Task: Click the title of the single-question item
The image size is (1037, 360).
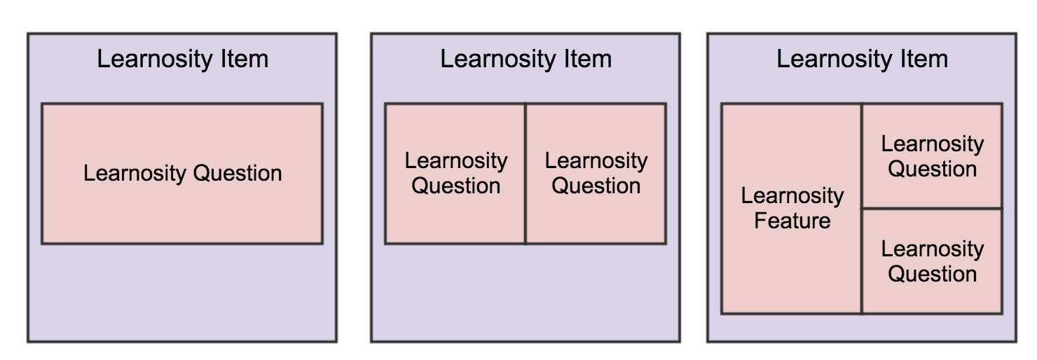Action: tap(182, 60)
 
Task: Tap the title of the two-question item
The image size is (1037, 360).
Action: tap(526, 60)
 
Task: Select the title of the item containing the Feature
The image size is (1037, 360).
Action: tap(862, 60)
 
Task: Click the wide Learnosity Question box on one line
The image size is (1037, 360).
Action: tap(182, 174)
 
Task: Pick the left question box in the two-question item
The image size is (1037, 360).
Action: tap(455, 174)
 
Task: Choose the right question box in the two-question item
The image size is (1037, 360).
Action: tap(596, 174)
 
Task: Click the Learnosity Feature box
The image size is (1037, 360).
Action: tap(792, 209)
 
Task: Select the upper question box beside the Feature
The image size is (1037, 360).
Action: tap(932, 156)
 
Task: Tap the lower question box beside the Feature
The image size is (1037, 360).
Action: tap(932, 261)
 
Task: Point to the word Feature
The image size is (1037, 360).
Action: tap(792, 221)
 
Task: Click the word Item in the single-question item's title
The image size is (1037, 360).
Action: tap(245, 60)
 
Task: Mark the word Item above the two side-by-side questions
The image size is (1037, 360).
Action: tap(587, 60)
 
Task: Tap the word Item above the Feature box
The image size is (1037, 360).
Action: tap(924, 60)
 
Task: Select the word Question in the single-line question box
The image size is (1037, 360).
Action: tap(238, 174)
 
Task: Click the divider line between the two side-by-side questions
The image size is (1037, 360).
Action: tap(526, 174)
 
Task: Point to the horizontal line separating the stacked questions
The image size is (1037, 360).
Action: tap(932, 209)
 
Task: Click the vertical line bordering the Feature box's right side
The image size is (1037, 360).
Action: tap(862, 209)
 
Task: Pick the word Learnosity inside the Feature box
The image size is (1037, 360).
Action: tap(792, 196)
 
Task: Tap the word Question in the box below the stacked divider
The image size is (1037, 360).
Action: tap(932, 275)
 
